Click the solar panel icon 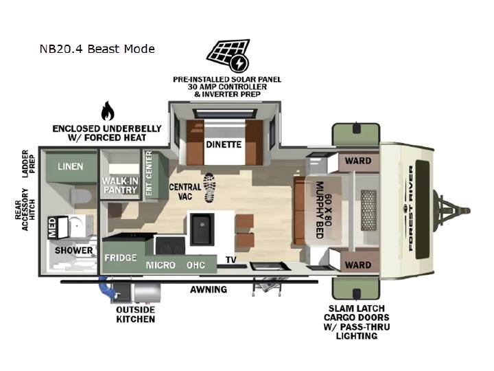point(228,55)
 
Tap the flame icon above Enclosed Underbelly point(108,111)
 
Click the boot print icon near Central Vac point(209,188)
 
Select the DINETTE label point(224,144)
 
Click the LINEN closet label point(70,166)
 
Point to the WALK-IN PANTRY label point(120,185)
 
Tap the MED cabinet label point(52,227)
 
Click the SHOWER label point(73,251)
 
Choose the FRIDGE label point(121,258)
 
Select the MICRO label point(161,265)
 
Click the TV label point(231,260)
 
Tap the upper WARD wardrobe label point(358,161)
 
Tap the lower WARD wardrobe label point(358,265)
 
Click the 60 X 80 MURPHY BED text point(324,210)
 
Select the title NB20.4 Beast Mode point(97,49)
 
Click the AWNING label point(209,289)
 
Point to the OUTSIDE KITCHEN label point(135,314)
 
